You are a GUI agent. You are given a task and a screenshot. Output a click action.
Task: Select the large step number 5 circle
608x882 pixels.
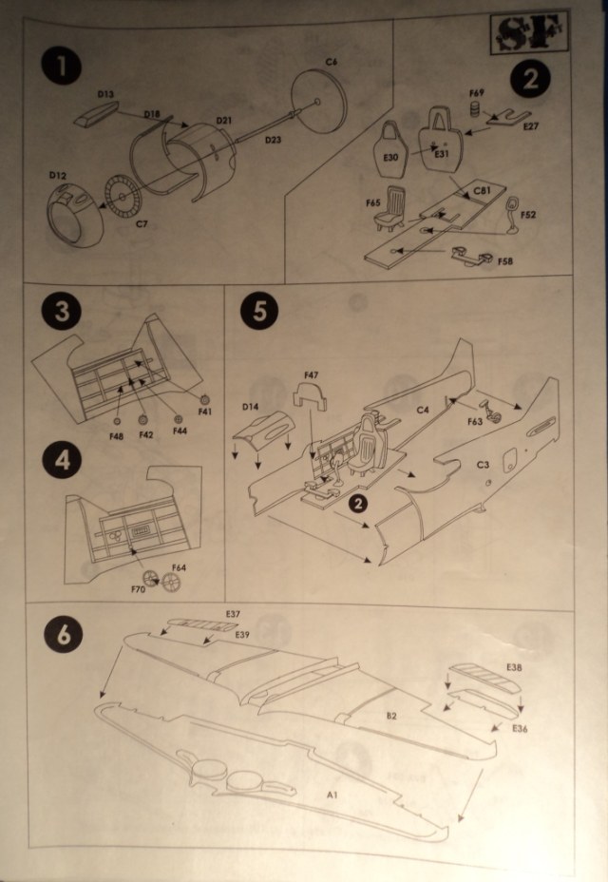pyautogui.click(x=259, y=313)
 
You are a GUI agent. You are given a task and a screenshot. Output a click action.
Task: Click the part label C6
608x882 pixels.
pyautogui.click(x=332, y=62)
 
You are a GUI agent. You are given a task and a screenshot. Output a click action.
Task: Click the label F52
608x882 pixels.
pyautogui.click(x=528, y=215)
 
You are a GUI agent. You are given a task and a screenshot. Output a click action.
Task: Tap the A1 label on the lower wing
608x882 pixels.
pyautogui.click(x=332, y=794)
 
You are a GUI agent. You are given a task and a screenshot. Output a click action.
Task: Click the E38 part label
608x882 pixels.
pyautogui.click(x=515, y=668)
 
